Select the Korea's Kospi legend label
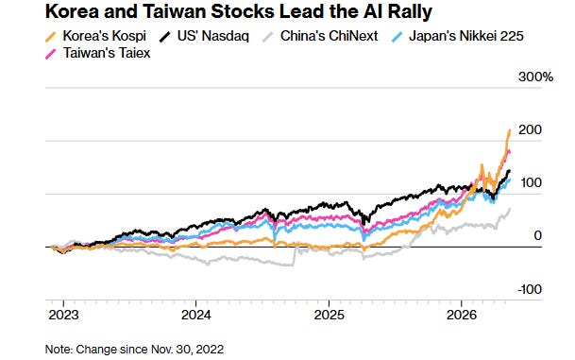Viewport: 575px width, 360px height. [105, 36]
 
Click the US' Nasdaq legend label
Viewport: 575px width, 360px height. [213, 36]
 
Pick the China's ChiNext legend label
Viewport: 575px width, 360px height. [329, 36]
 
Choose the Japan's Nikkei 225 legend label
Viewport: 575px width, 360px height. [465, 36]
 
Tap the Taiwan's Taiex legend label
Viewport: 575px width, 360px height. [107, 53]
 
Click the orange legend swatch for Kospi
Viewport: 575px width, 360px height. [51, 37]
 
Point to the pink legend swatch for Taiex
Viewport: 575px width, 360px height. [51, 54]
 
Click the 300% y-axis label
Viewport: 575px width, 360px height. [535, 77]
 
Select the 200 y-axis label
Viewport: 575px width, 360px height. [530, 129]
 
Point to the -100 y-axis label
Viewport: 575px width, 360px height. [530, 289]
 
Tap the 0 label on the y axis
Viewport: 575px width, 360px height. [537, 235]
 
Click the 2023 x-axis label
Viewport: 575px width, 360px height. [63, 315]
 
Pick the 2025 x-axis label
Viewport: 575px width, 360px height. [329, 315]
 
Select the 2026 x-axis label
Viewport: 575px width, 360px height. [462, 315]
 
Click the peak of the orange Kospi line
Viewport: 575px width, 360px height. [509, 130]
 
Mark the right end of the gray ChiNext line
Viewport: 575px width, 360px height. [509, 209]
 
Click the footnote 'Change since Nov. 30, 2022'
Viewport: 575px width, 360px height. [149, 349]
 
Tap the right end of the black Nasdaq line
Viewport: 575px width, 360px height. [509, 171]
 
